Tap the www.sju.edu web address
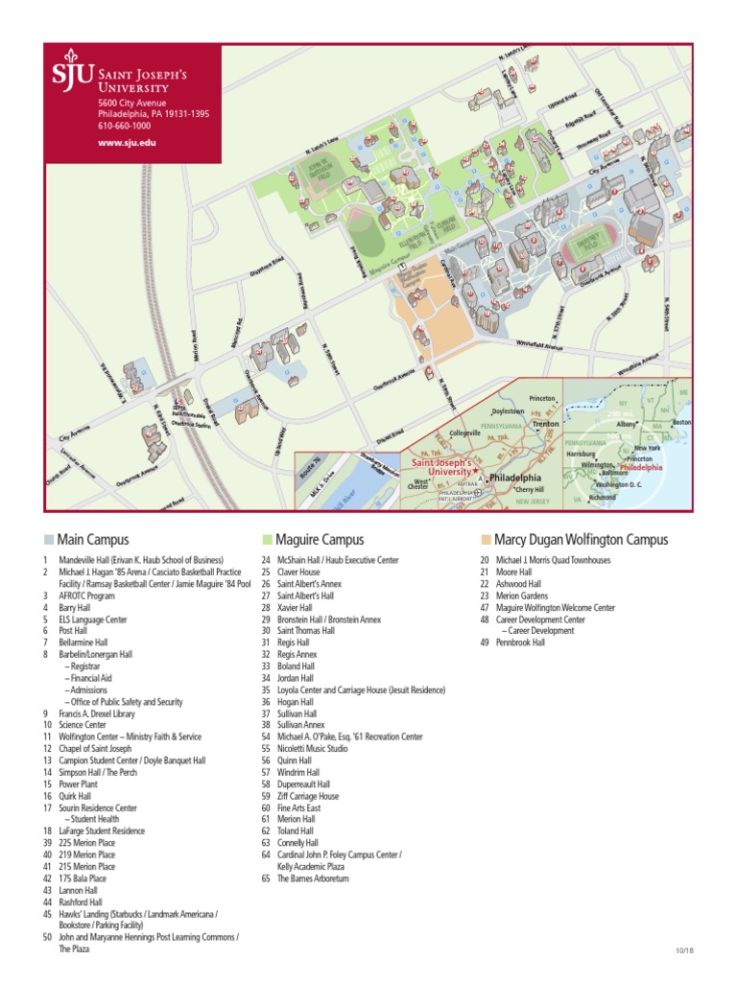(127, 142)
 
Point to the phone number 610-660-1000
(124, 126)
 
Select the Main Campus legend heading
(92, 540)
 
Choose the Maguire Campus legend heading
(319, 540)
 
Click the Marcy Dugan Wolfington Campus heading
(581, 540)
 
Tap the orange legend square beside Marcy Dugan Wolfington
(486, 540)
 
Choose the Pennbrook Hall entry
(520, 643)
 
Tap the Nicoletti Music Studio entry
(312, 748)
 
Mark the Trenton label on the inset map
(546, 423)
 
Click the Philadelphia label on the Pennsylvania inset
(515, 477)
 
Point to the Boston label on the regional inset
(681, 422)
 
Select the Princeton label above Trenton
(542, 398)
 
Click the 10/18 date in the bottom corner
(682, 949)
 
